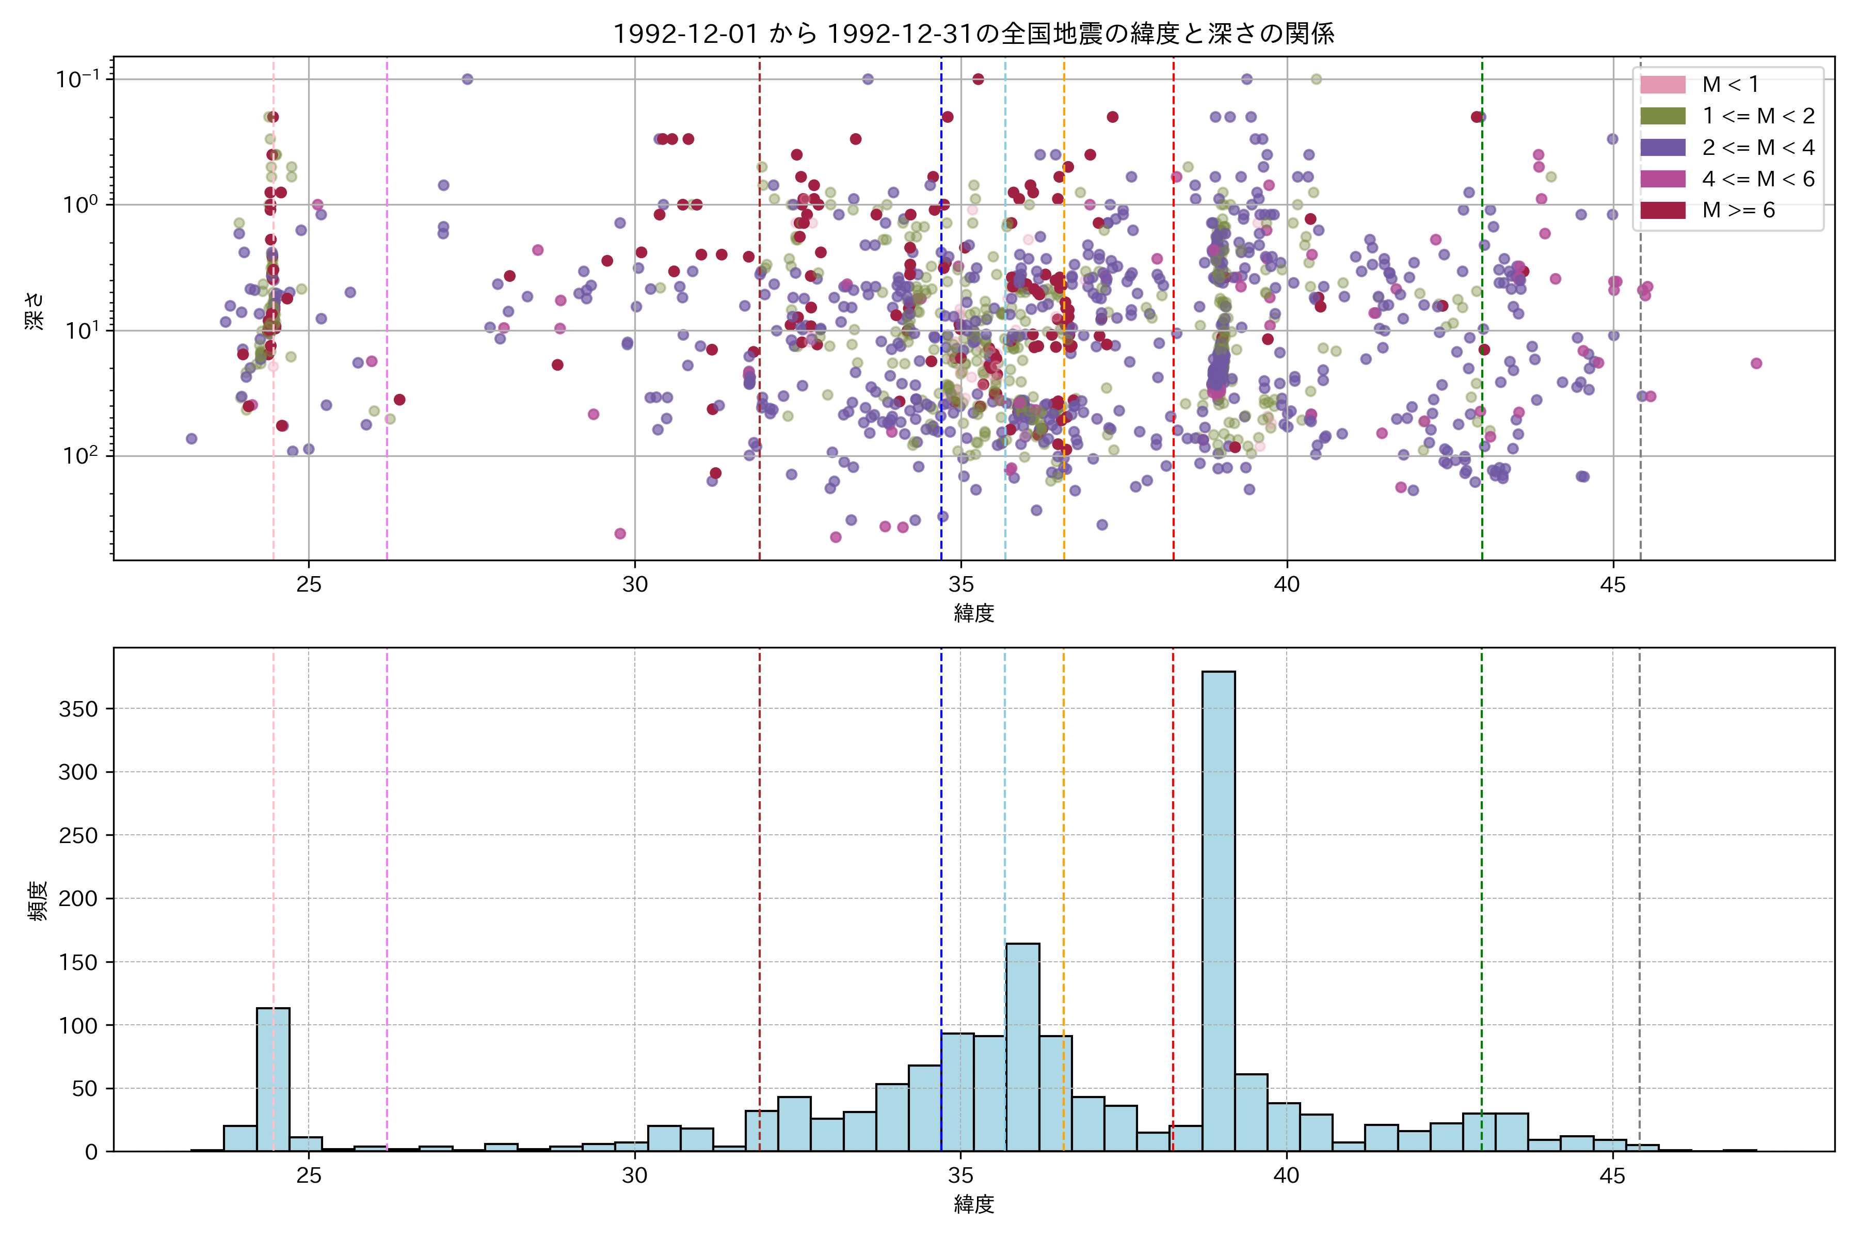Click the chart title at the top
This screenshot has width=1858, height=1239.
pos(973,33)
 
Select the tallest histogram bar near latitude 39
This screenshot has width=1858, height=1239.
pos(1218,909)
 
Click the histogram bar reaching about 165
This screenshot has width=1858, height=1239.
pos(1022,1047)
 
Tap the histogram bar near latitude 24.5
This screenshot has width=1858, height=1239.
pos(273,1078)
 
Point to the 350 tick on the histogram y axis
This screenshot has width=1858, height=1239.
pos(78,709)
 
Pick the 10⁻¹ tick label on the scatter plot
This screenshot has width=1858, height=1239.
pos(77,78)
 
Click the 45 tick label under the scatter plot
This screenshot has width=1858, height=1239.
pos(1612,585)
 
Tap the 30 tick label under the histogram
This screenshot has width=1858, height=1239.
pos(634,1176)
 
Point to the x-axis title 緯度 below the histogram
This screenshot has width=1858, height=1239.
pos(973,1204)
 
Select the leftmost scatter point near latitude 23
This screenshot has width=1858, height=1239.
pos(191,438)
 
